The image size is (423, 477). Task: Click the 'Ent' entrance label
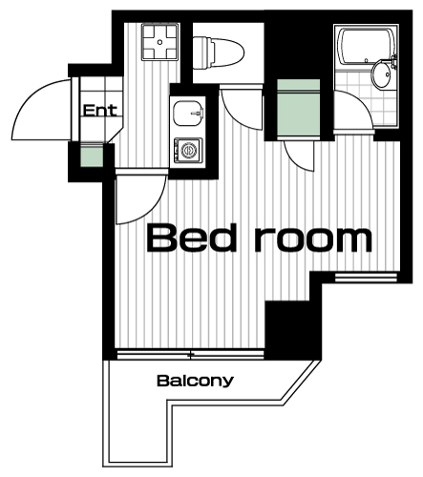(99, 111)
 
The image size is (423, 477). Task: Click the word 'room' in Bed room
(313, 239)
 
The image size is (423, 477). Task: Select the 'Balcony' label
(196, 381)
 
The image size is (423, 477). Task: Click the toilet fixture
(219, 52)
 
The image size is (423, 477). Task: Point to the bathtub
(366, 46)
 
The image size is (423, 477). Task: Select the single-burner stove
(188, 150)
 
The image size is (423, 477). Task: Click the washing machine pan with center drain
(160, 42)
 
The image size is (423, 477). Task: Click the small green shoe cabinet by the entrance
(92, 155)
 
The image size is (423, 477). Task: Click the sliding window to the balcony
(190, 355)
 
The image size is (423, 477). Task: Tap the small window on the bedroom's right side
(367, 278)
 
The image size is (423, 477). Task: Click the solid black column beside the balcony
(293, 330)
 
